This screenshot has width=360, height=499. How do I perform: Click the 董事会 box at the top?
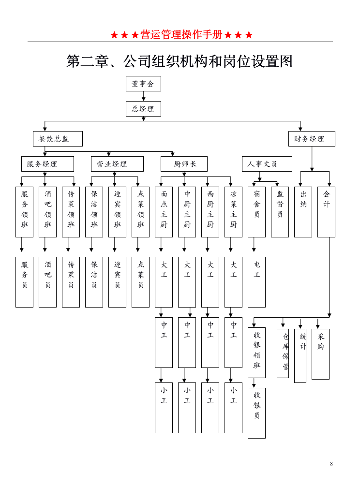coord(143,84)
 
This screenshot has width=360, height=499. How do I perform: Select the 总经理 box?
coord(143,109)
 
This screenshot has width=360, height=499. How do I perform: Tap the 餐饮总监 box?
coord(58,139)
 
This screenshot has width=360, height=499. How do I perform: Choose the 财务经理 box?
coord(312,139)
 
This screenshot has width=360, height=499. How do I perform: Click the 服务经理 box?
coord(47,164)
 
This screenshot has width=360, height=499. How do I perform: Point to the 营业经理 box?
coord(117,164)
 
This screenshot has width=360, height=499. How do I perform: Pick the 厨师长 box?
coord(184,164)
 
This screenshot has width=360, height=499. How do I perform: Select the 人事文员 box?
coord(267,164)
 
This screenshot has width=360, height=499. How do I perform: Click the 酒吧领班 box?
coord(47,212)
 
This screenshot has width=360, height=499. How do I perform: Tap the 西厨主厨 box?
coord(210,212)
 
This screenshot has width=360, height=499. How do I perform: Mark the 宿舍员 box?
coord(256,212)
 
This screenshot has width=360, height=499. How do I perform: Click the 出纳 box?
coord(303,212)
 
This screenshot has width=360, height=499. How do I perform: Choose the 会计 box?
coord(326,212)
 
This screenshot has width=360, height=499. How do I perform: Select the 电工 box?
coord(256,282)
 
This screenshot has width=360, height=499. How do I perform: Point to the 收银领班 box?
coord(256,352)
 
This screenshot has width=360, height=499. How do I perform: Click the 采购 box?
coord(320,354)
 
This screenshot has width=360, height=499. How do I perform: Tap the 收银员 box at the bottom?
coord(256,413)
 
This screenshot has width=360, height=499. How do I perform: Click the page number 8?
coord(331,464)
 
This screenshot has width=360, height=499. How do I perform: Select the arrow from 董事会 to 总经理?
coord(143,96)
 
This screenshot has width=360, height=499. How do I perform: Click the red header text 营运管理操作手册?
coord(181,35)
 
